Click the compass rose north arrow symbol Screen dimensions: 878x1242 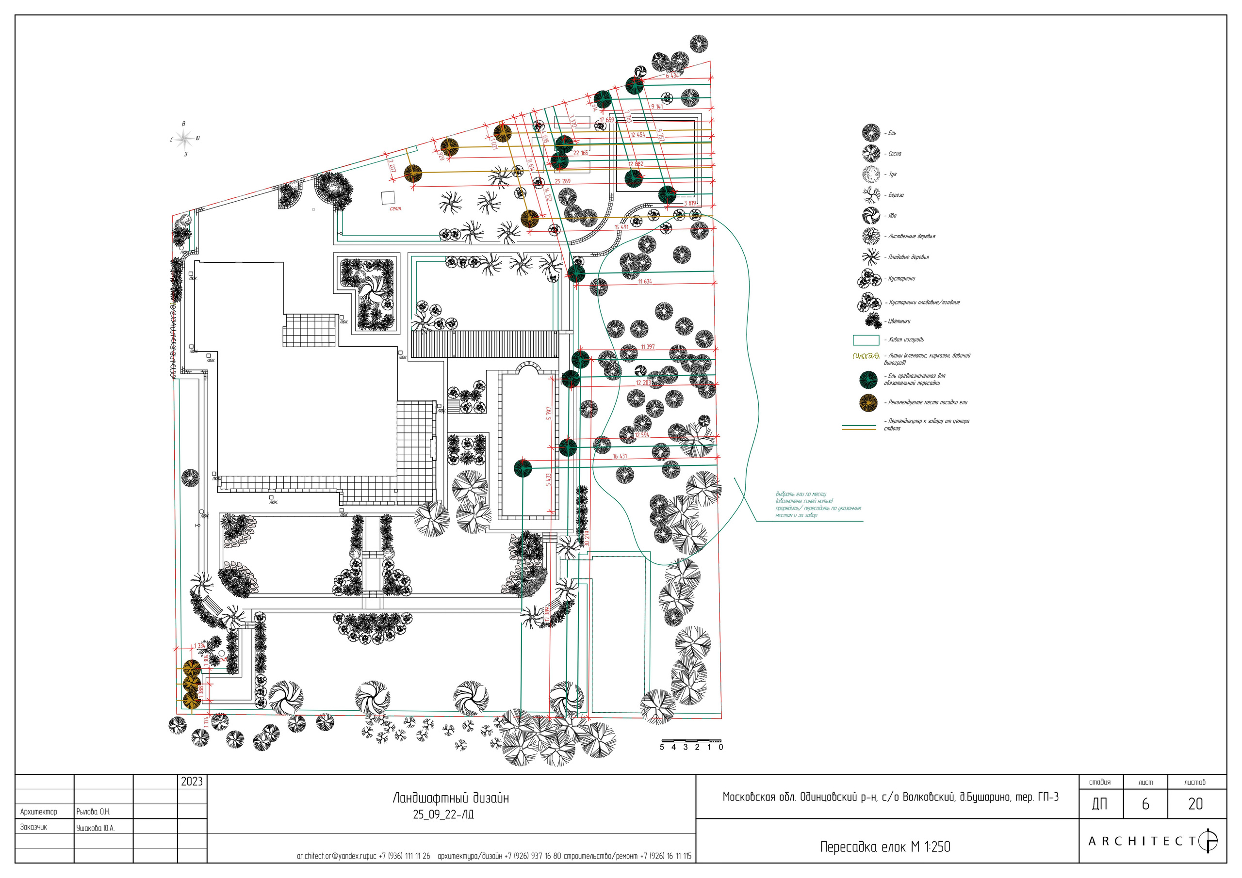coord(184,140)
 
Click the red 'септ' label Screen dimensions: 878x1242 coord(395,208)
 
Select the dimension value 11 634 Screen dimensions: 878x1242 coord(645,282)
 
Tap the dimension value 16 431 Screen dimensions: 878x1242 coord(620,456)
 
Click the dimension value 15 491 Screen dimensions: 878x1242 coord(621,227)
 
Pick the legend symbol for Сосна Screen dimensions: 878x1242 coord(871,154)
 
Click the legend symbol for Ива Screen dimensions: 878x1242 coord(871,215)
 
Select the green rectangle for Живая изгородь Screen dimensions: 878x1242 coord(866,339)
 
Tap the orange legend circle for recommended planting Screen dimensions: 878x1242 coord(868,402)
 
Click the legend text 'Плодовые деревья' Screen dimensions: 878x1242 coord(908,257)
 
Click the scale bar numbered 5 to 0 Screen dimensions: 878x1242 coord(691,741)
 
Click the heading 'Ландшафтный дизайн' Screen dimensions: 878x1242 coord(451,798)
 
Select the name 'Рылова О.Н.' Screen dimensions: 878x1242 coord(93,812)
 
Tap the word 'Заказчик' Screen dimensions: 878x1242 coord(33,827)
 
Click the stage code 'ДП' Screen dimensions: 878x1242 coord(1100,804)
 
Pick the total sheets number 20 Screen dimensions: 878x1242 coord(1195,804)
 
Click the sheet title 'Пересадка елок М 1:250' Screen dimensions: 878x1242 coord(885,846)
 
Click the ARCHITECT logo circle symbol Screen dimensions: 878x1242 coord(1209,841)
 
